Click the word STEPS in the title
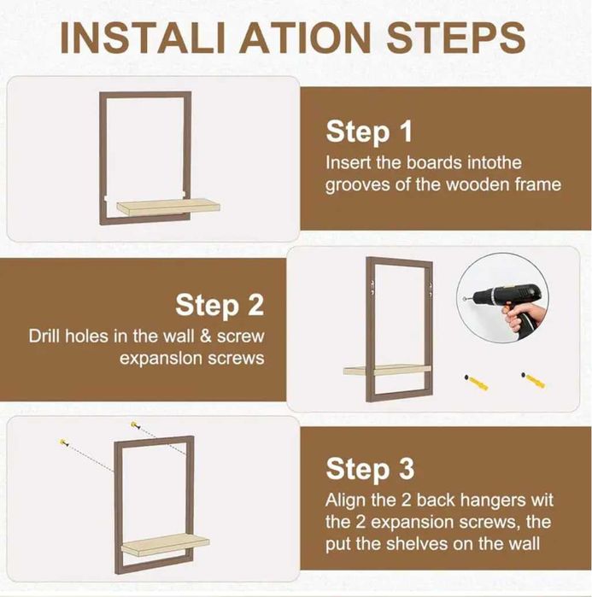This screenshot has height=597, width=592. (x=455, y=38)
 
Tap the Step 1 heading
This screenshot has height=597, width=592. (x=369, y=132)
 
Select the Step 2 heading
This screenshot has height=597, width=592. (x=220, y=305)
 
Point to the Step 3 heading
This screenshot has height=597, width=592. (x=370, y=469)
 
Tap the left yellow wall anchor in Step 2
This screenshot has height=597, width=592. (x=476, y=383)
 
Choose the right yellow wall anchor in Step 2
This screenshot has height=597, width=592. (x=533, y=380)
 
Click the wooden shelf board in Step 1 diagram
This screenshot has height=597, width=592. (x=168, y=208)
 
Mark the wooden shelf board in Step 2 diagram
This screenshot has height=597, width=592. (x=387, y=371)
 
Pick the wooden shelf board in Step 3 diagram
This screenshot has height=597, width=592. (x=165, y=544)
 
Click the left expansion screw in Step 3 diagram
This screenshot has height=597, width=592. (x=64, y=442)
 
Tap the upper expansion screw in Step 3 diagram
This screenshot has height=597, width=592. (x=135, y=425)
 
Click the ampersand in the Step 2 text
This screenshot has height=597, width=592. (x=205, y=337)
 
